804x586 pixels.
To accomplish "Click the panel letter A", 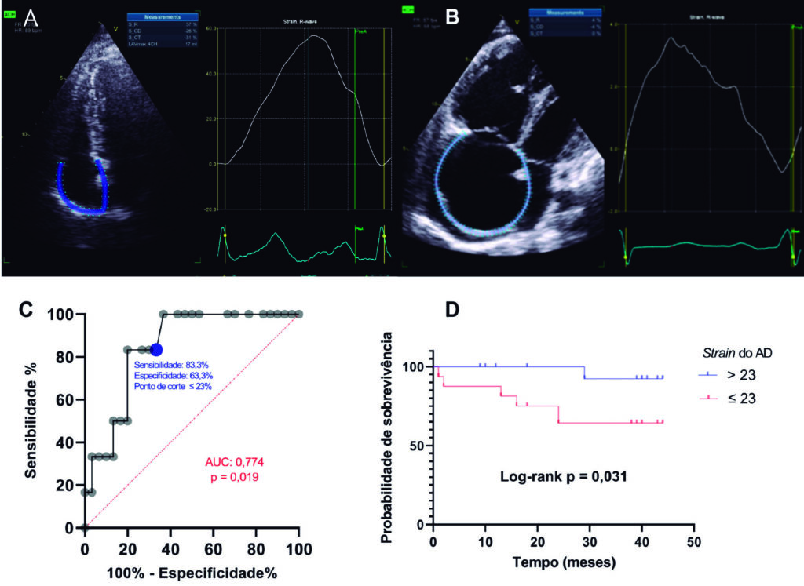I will click(x=31, y=16).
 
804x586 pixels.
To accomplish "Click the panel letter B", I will click(x=452, y=16).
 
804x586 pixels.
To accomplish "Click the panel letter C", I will click(x=25, y=309).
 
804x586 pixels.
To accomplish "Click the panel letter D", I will click(x=451, y=309).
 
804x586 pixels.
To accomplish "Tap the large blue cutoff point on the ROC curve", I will click(x=156, y=349).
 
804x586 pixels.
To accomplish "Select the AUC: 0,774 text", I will click(x=232, y=464).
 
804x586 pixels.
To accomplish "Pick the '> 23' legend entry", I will click(x=735, y=375).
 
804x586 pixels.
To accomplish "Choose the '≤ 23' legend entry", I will click(x=735, y=398).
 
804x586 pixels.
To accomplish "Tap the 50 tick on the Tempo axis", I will click(x=693, y=541).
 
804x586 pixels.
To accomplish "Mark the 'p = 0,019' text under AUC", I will click(x=232, y=477).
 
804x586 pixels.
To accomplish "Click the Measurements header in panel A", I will click(x=163, y=16).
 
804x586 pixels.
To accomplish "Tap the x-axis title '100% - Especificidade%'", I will click(x=192, y=571).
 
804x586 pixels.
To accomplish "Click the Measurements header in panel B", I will click(x=565, y=11).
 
